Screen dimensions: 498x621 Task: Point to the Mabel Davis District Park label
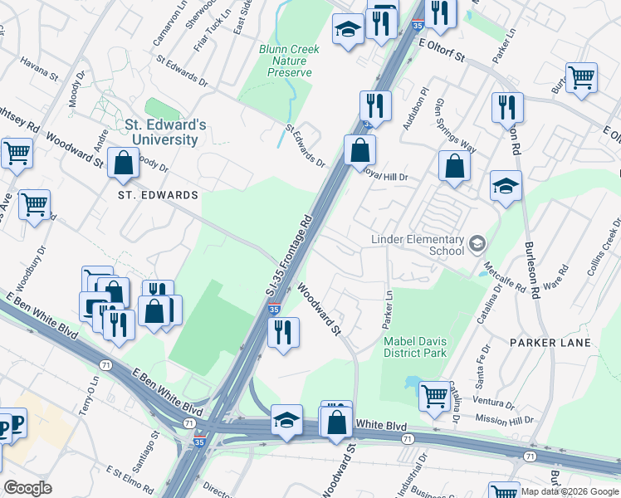click(415, 346)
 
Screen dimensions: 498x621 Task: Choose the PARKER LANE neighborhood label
click(550, 342)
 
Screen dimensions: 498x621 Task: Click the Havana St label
click(40, 71)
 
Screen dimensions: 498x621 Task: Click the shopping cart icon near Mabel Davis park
click(434, 396)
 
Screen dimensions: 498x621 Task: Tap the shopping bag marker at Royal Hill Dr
click(359, 150)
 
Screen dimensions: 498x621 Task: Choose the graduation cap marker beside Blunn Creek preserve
click(347, 31)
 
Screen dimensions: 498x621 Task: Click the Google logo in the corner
click(27, 488)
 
